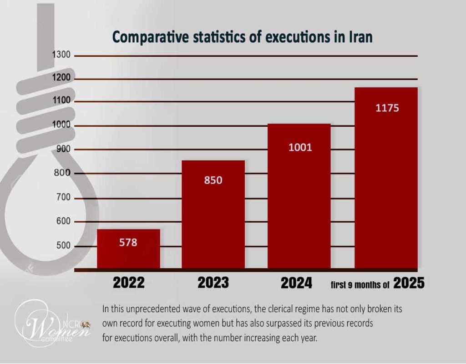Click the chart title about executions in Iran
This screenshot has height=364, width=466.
coord(243,37)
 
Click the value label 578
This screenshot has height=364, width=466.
coord(128,242)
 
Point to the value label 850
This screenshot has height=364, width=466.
coord(213,180)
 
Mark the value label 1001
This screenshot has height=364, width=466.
coord(300,147)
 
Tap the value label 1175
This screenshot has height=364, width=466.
coord(387,108)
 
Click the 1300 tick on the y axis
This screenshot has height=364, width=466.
coord(61,55)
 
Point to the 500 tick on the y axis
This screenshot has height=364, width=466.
coord(63,246)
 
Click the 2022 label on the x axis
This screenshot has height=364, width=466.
coord(129,283)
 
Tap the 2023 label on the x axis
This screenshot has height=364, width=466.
coord(213,283)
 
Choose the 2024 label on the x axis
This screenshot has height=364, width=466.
coord(296,283)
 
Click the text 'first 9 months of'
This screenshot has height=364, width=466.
coord(360,285)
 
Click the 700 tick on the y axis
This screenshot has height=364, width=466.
coord(63,198)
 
